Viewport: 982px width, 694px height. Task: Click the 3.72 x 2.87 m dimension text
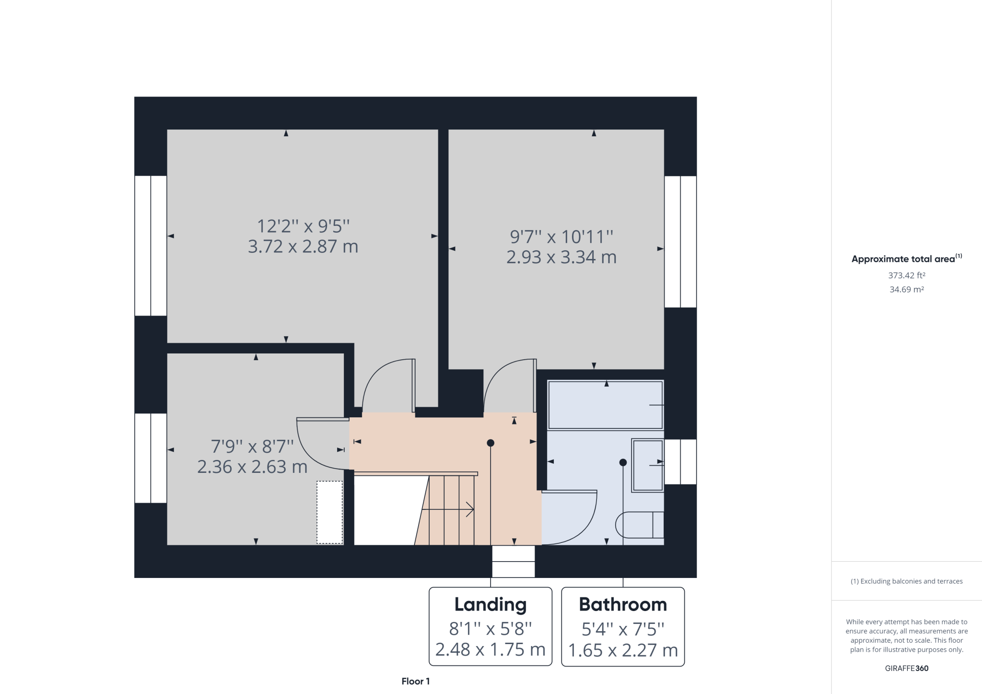(303, 247)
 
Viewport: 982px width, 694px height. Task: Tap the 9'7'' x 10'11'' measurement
(561, 236)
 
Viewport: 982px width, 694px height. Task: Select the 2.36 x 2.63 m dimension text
(252, 467)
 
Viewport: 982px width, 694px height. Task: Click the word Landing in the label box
(490, 604)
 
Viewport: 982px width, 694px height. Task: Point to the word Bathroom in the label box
(623, 604)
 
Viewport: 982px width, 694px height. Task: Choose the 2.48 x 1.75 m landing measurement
(490, 649)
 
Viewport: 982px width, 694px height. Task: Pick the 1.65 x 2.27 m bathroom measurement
(623, 650)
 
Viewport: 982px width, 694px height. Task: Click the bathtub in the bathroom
(605, 405)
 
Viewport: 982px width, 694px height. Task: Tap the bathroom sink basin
(647, 465)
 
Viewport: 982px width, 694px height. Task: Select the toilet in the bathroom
(640, 525)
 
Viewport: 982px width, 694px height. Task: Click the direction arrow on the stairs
(448, 509)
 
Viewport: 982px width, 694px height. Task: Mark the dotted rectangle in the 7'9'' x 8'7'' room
(329, 512)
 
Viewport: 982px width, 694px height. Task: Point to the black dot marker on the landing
(491, 443)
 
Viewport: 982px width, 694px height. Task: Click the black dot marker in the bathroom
(623, 462)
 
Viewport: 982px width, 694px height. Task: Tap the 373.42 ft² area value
(906, 275)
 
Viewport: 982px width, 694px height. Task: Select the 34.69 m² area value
(906, 290)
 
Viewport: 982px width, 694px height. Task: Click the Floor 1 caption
(415, 681)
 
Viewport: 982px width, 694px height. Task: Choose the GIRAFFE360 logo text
(906, 668)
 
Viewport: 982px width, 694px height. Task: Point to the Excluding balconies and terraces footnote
(906, 581)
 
